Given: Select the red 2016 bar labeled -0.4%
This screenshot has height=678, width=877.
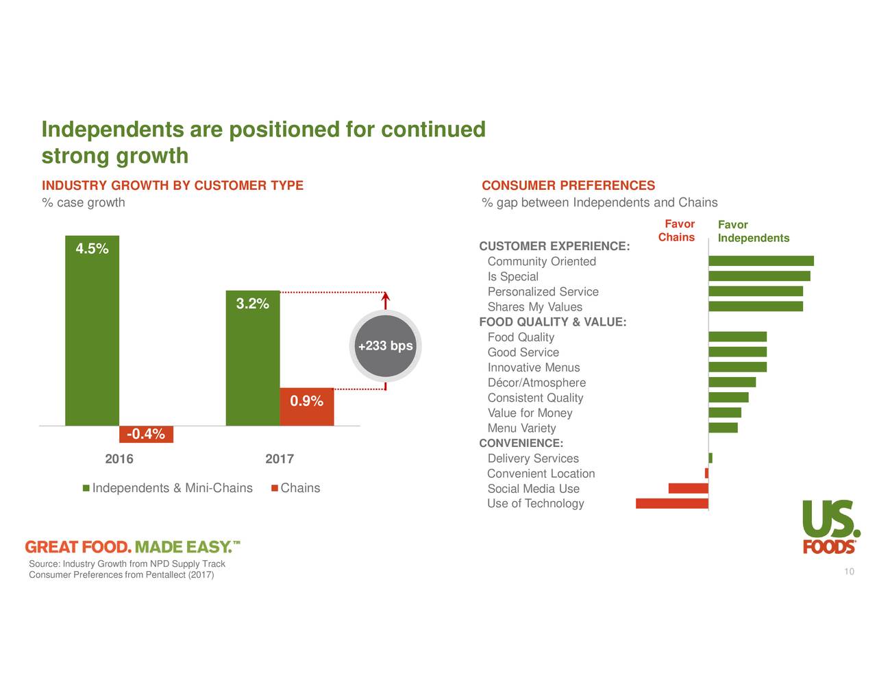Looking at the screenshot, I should pos(146,434).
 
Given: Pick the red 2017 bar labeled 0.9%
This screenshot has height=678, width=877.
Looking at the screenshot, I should pos(306,407).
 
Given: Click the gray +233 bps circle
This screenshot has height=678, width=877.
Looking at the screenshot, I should pos(386,346).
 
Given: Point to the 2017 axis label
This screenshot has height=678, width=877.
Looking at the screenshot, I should pos(280,459).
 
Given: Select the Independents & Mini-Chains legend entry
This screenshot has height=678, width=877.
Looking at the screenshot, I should pos(167,488).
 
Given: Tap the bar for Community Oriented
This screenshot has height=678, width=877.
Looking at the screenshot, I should pos(761,261).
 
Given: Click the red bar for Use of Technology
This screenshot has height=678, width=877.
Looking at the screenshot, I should pos(671,504).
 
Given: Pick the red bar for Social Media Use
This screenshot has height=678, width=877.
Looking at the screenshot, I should pos(688,489).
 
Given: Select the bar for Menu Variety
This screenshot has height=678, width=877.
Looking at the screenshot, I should pos(723,428).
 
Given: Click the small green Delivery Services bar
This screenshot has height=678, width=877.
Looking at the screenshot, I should pos(711,458).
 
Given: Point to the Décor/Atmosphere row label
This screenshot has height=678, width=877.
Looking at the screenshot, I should pos(536,383).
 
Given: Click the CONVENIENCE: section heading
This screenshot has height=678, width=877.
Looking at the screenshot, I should pos(521,444).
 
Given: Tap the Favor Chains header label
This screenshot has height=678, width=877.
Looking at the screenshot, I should pos(677,231).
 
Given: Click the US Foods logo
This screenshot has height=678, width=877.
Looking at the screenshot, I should pos(830,526).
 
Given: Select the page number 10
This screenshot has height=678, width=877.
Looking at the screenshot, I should pos(849,572).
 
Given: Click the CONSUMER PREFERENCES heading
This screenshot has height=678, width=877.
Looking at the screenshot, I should pos(568,186).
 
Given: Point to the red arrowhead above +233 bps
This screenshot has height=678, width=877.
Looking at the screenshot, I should pos(386,297).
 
